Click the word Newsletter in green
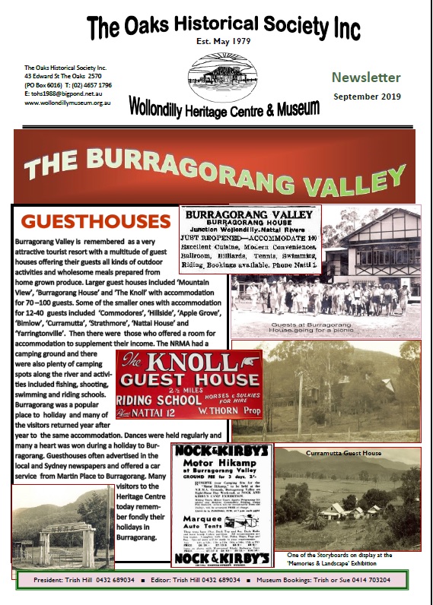(x=365, y=78)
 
